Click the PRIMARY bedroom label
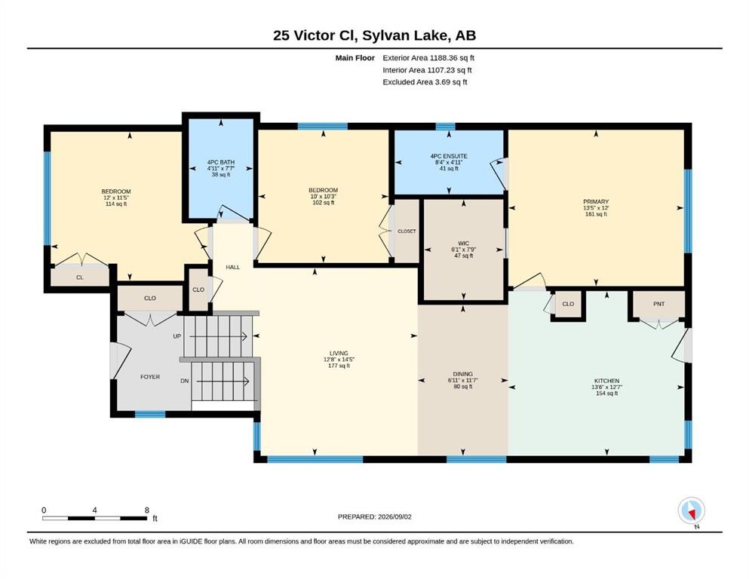pyautogui.click(x=596, y=201)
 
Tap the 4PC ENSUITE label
pyautogui.click(x=449, y=156)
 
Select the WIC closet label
pyautogui.click(x=463, y=244)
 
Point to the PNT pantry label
pyautogui.click(x=658, y=304)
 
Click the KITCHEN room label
pyautogui.click(x=606, y=381)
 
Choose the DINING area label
pyautogui.click(x=463, y=374)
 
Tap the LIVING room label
pyautogui.click(x=339, y=354)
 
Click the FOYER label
pyautogui.click(x=150, y=377)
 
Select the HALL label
pyautogui.click(x=232, y=268)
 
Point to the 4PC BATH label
pyautogui.click(x=221, y=162)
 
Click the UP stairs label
pyautogui.click(x=177, y=336)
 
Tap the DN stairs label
pyautogui.click(x=184, y=381)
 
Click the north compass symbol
pyautogui.click(x=691, y=511)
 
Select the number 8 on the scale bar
pyautogui.click(x=146, y=510)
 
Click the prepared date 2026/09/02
pyautogui.click(x=394, y=516)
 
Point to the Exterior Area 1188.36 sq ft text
pyautogui.click(x=428, y=58)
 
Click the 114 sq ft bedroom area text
pyautogui.click(x=116, y=204)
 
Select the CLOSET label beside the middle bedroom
pyautogui.click(x=407, y=231)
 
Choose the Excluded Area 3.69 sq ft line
pyautogui.click(x=425, y=81)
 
